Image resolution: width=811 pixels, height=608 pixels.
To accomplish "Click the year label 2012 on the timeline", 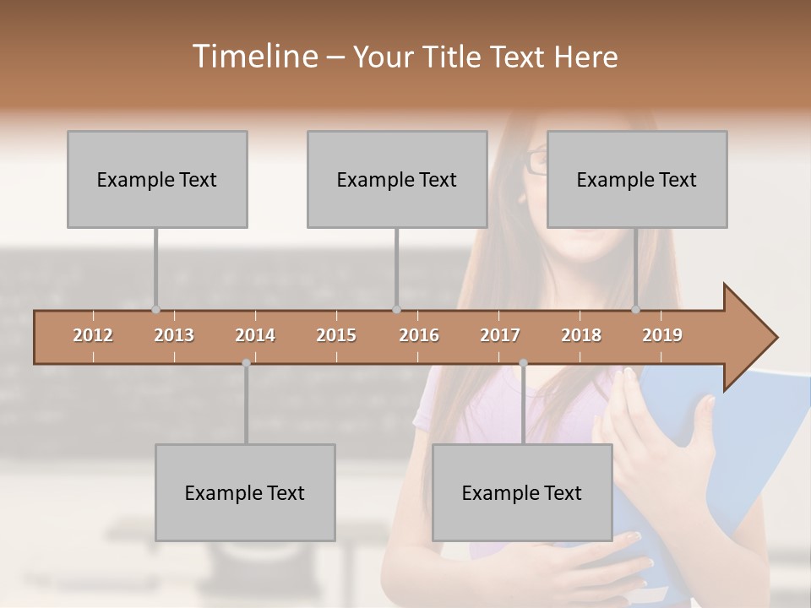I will [93, 335].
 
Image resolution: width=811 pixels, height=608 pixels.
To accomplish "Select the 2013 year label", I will [174, 335].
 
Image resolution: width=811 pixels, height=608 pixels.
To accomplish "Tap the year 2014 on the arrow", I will [255, 335].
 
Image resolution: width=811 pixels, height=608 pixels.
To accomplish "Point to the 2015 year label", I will [336, 335].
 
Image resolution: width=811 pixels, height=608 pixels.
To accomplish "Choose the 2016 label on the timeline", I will [419, 335].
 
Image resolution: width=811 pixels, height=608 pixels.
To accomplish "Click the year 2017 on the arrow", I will [500, 335].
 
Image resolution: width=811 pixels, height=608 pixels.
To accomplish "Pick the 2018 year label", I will [581, 335].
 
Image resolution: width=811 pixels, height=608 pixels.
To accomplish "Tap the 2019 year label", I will [662, 335].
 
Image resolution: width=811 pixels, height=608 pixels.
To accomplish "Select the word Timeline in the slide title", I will [253, 57].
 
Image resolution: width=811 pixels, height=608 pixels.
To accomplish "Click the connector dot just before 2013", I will [155, 309].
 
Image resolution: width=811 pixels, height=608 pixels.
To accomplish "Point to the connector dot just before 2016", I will [396, 309].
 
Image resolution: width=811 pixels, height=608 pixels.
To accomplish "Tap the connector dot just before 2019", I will [636, 309].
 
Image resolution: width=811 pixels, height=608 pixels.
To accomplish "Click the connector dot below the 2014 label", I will [246, 363].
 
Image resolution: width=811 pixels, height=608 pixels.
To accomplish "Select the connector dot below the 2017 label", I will [523, 363].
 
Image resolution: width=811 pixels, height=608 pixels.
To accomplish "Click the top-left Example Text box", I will [157, 179].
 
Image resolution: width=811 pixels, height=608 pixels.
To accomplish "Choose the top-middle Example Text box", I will [397, 179].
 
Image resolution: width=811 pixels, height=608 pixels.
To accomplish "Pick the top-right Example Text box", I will [637, 179].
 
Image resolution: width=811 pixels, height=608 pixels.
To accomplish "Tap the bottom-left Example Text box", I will [245, 492].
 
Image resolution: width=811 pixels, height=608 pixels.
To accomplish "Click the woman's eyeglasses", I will [536, 161].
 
